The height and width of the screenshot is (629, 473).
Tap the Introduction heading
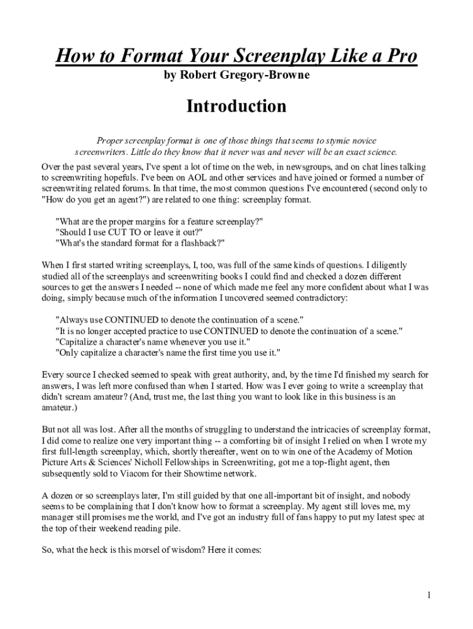(x=237, y=106)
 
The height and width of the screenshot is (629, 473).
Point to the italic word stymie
(x=300, y=140)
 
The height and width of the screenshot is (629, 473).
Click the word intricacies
(x=324, y=429)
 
